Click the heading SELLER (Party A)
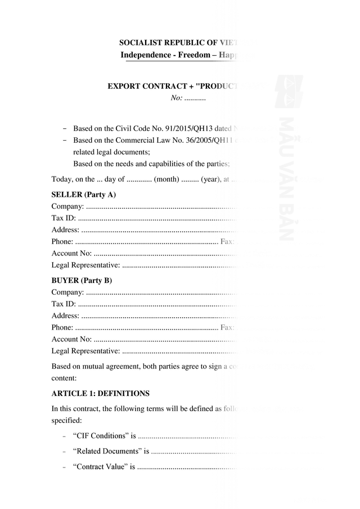point(84,195)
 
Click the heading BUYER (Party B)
point(82,280)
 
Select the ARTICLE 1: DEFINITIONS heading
point(100,393)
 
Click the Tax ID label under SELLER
point(64,218)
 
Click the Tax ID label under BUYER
point(64,304)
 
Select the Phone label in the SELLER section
point(62,241)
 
